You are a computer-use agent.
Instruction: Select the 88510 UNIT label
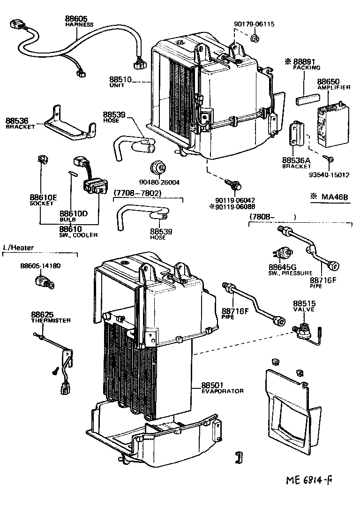click(x=120, y=83)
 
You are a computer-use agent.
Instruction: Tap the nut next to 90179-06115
click(x=255, y=37)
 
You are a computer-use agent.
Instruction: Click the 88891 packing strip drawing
click(x=307, y=99)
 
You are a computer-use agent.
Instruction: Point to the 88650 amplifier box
click(x=333, y=124)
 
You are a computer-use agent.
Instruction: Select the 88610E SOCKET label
click(x=43, y=200)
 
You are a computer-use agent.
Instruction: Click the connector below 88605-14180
click(x=43, y=283)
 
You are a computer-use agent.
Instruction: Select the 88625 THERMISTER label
click(x=51, y=317)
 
